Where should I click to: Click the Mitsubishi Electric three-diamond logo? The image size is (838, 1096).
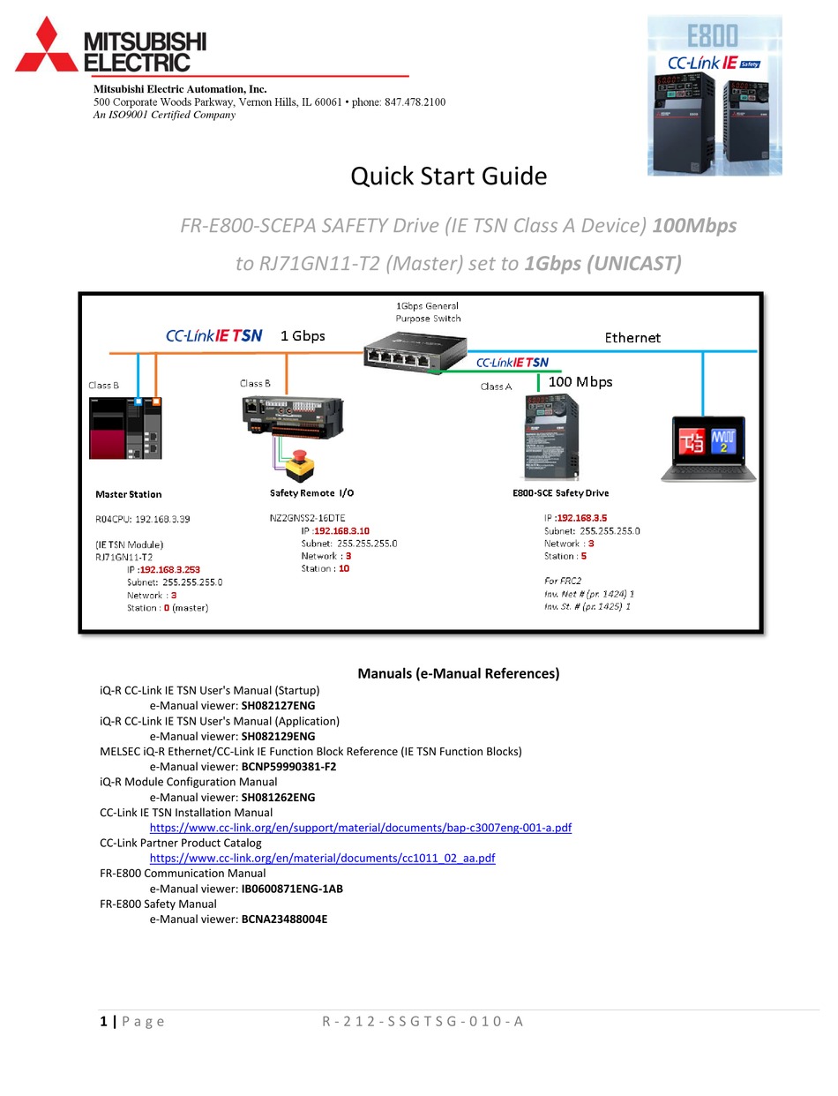(45, 45)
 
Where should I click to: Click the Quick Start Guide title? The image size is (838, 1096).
(448, 176)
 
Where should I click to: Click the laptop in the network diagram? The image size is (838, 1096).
(703, 448)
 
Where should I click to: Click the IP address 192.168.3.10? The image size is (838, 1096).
(342, 531)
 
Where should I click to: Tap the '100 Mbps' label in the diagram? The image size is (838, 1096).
(580, 382)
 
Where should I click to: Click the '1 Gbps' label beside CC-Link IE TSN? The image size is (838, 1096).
(303, 336)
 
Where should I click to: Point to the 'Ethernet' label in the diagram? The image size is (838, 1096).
(632, 338)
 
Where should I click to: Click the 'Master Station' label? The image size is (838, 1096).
(129, 494)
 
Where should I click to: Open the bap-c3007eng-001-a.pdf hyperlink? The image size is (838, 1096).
(360, 828)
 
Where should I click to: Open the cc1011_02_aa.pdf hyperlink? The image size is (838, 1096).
(322, 858)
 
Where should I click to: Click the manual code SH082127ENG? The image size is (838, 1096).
(278, 706)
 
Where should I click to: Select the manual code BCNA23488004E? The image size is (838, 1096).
(284, 920)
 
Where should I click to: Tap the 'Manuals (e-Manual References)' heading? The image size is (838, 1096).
(458, 674)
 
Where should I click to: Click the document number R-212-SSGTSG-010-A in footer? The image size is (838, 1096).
(423, 1022)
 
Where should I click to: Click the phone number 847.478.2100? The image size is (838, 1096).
(415, 102)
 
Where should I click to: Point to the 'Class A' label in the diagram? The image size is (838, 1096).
(496, 387)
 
